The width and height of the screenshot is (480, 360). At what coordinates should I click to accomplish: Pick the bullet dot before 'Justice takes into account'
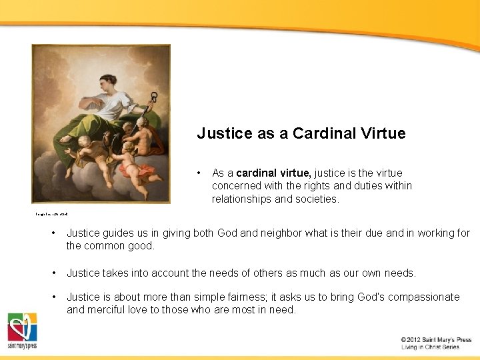pyautogui.click(x=53, y=273)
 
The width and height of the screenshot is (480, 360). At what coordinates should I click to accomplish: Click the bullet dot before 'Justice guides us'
pyautogui.click(x=53, y=233)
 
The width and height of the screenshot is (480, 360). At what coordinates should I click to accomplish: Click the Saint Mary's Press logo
pyautogui.click(x=22, y=331)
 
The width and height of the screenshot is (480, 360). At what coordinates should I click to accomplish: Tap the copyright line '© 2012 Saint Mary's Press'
pyautogui.click(x=436, y=340)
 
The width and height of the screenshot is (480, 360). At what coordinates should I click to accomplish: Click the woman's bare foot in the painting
pyautogui.click(x=65, y=139)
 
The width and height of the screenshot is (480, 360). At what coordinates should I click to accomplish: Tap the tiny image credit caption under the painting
pyautogui.click(x=52, y=214)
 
